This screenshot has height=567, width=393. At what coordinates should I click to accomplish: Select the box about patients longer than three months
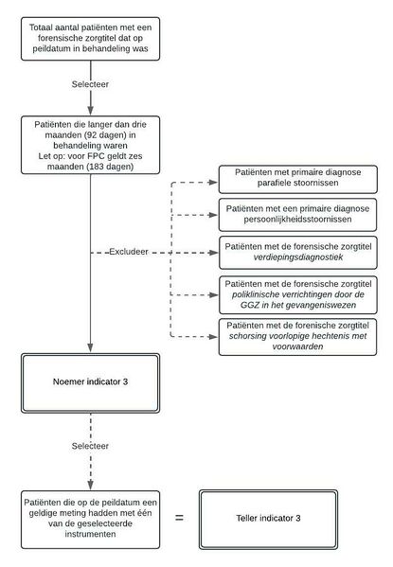pyautogui.click(x=91, y=145)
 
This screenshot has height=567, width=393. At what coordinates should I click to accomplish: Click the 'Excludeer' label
pyautogui.click(x=127, y=255)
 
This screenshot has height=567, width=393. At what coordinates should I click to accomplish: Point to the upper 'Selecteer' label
pyautogui.click(x=92, y=84)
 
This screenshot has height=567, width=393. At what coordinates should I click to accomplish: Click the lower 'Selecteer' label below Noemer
pyautogui.click(x=92, y=444)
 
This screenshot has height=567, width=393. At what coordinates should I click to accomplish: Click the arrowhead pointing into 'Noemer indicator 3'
pyautogui.click(x=91, y=350)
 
